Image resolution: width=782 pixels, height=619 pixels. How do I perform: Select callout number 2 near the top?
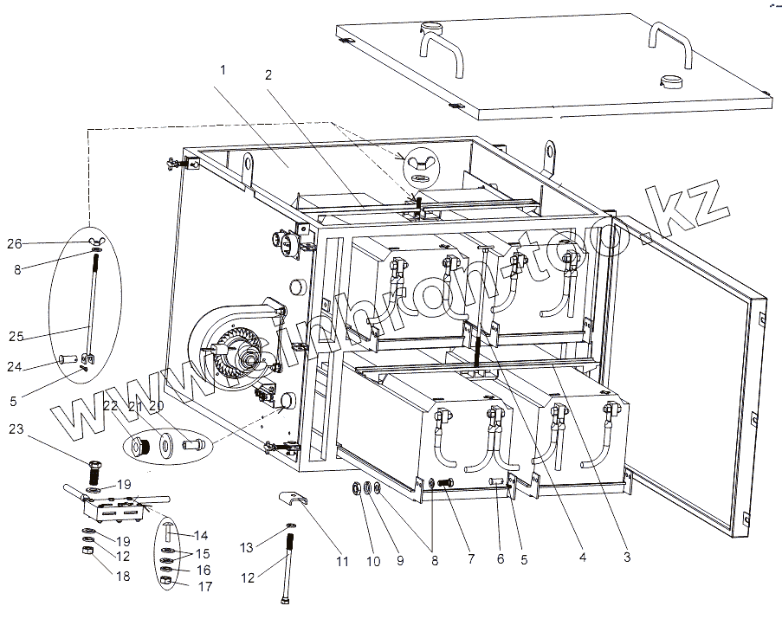coord(268,75)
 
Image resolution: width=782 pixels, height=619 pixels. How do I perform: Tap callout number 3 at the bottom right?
coord(625,559)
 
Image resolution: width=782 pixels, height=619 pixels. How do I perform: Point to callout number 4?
coord(583,559)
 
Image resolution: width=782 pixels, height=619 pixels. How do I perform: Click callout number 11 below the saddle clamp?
coord(343,562)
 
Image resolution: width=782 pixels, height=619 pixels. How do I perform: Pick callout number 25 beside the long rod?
coord(16,336)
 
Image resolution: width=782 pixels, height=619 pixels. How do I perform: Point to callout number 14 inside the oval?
coord(201,536)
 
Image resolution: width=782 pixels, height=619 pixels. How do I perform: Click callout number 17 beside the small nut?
coord(204,586)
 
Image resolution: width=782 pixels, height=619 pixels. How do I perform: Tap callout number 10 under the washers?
coord(373,562)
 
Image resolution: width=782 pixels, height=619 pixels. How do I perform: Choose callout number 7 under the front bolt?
coord(470,559)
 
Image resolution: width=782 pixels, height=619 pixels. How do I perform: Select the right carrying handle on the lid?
coord(671,43)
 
